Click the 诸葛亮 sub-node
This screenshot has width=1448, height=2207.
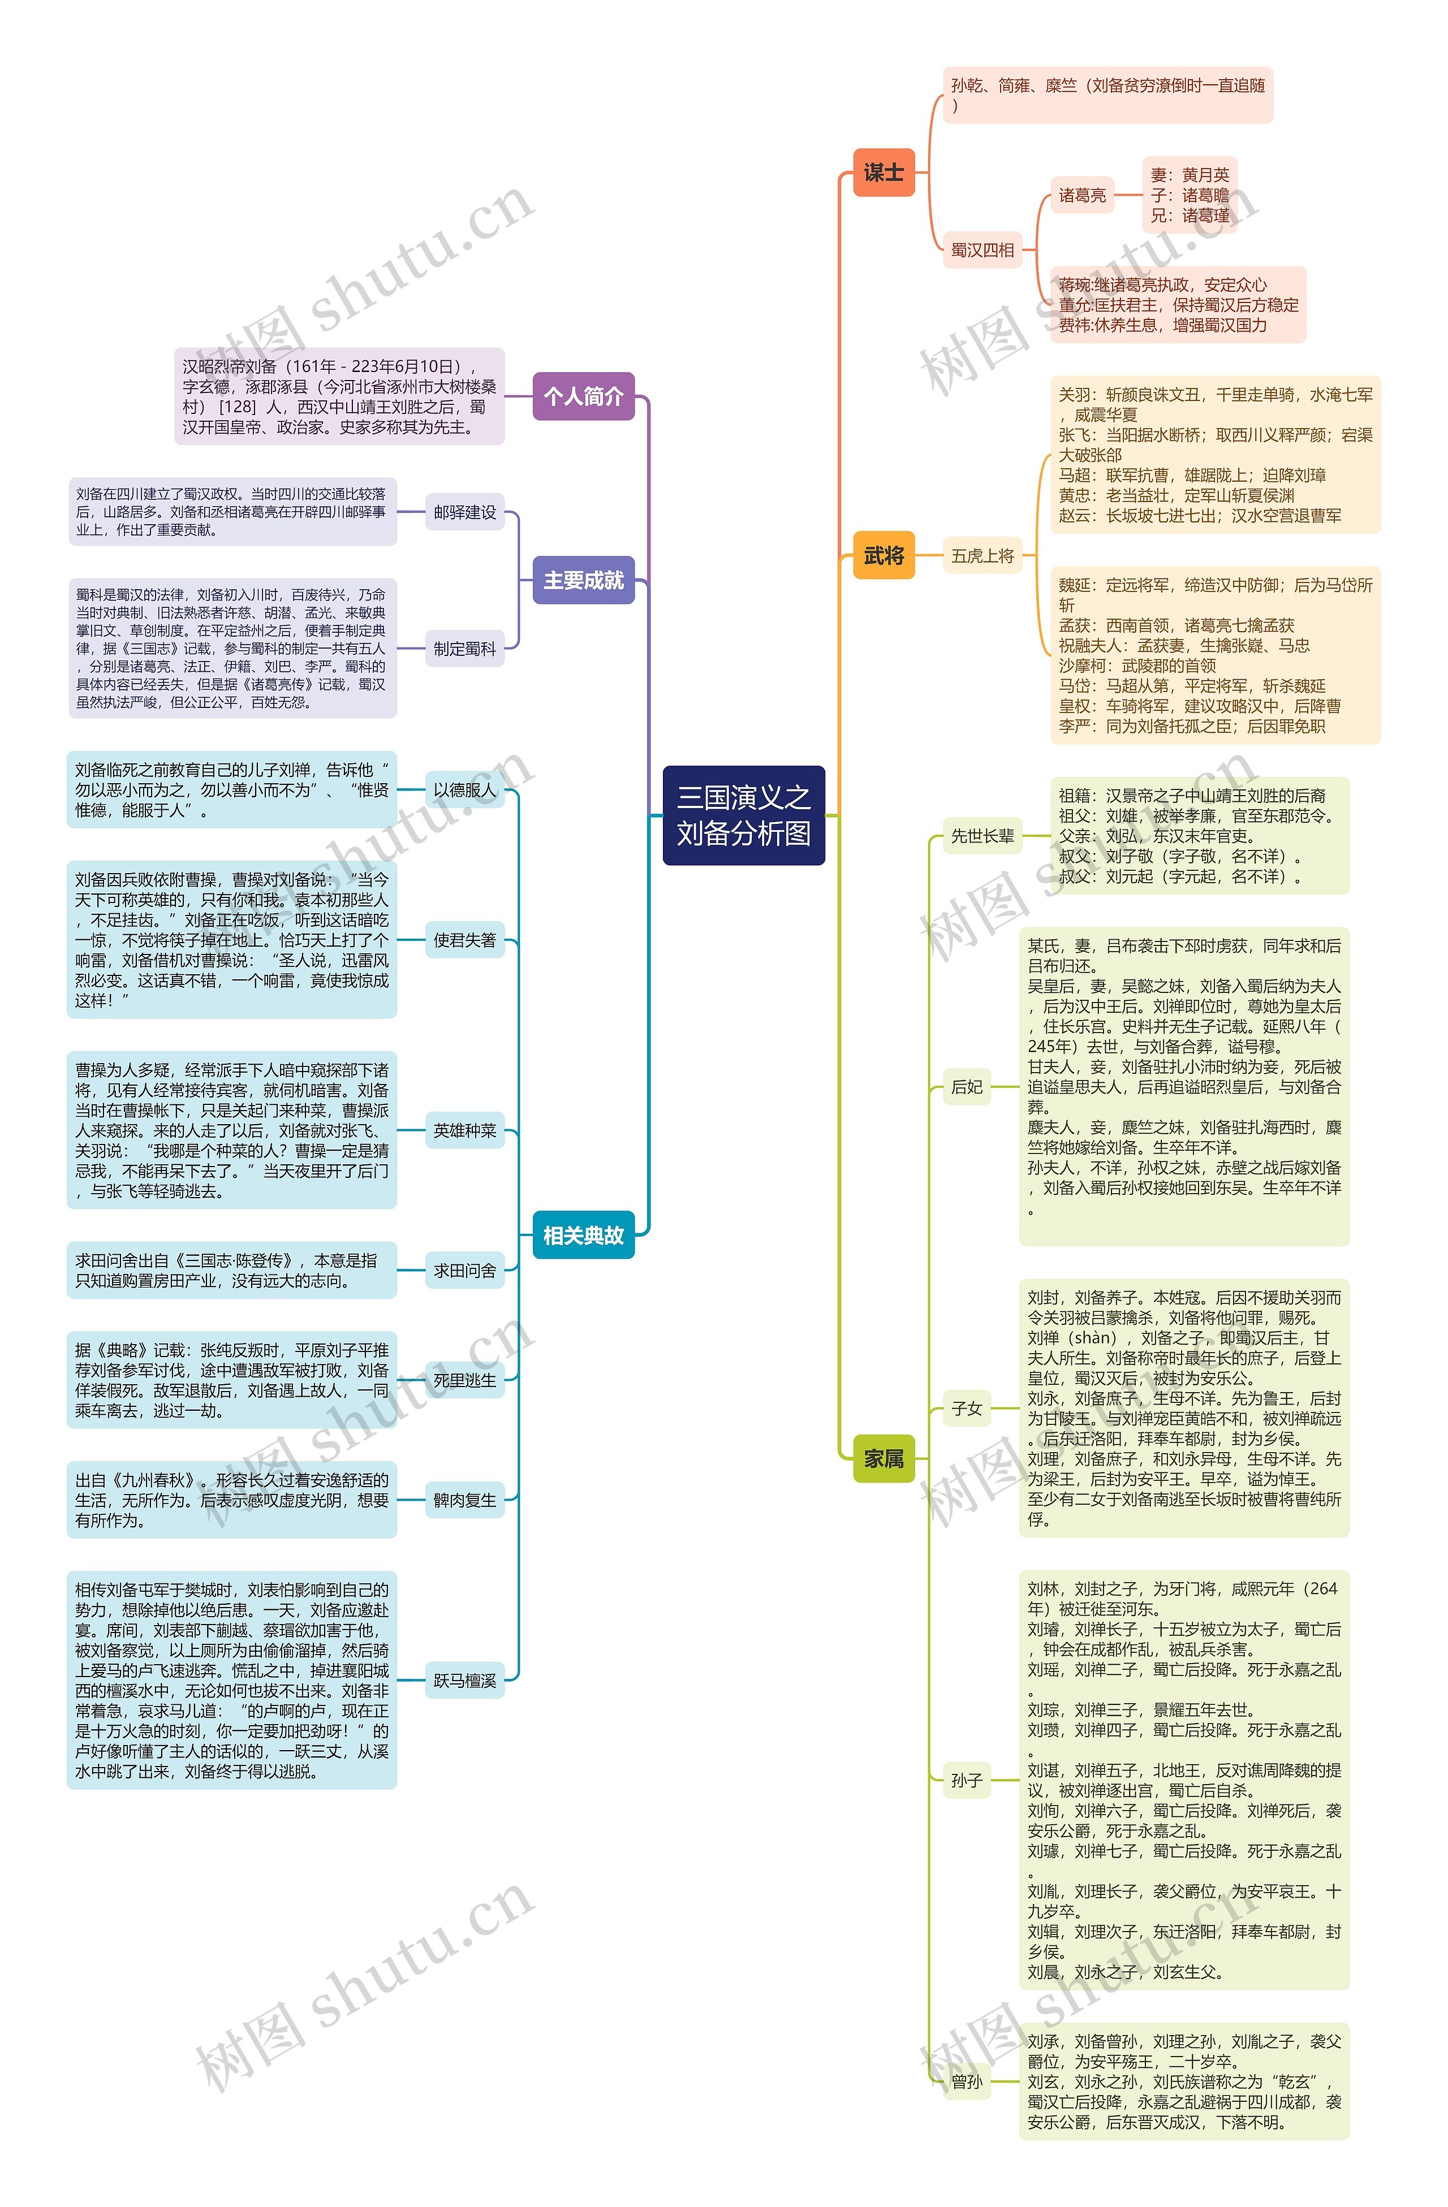coord(1081,196)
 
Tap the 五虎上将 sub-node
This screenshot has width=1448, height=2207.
coord(982,556)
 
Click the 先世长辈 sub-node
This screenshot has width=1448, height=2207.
coord(982,836)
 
